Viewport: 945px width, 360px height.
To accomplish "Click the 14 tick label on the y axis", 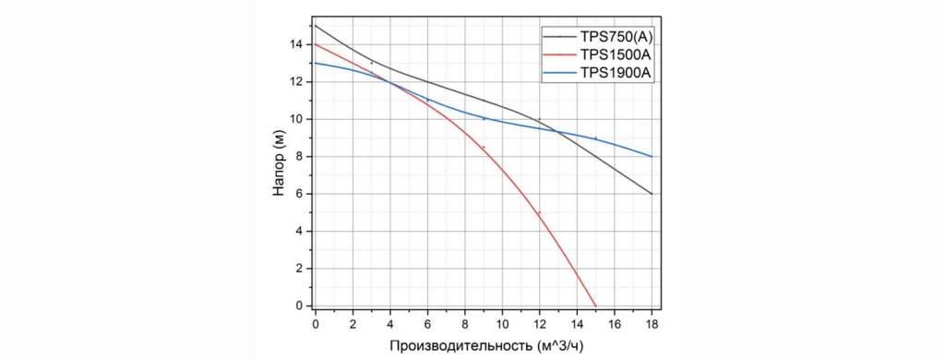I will point(297,44).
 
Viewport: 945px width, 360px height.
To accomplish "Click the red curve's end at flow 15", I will point(595,306).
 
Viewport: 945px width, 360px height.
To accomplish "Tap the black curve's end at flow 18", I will point(652,194).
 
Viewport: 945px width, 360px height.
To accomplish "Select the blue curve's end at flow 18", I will point(652,157).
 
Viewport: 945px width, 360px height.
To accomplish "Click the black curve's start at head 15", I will point(316,26).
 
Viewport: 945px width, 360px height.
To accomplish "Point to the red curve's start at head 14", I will point(316,44).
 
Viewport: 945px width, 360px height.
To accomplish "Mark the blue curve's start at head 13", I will point(316,63).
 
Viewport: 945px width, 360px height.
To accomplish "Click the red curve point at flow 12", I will point(539,212).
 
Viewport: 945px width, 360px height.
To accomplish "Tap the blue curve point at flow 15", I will point(595,138).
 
